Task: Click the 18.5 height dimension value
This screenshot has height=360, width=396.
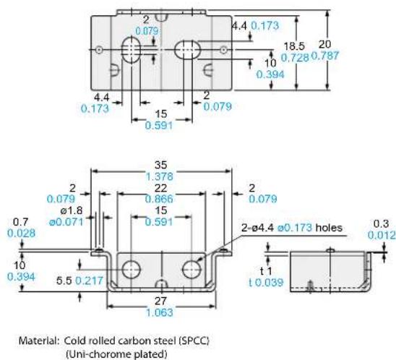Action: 294,46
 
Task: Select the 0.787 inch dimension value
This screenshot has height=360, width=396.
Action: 325,56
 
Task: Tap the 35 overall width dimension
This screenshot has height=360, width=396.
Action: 160,165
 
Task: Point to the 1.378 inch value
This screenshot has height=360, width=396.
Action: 160,176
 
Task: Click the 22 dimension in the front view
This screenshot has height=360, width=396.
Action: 160,188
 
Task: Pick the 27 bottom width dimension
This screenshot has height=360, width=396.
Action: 160,301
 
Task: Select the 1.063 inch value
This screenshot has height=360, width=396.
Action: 160,312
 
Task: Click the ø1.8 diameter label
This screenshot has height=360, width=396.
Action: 72,210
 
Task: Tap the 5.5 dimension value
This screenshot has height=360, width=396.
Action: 64,280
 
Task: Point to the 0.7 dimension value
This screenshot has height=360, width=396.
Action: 20,222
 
